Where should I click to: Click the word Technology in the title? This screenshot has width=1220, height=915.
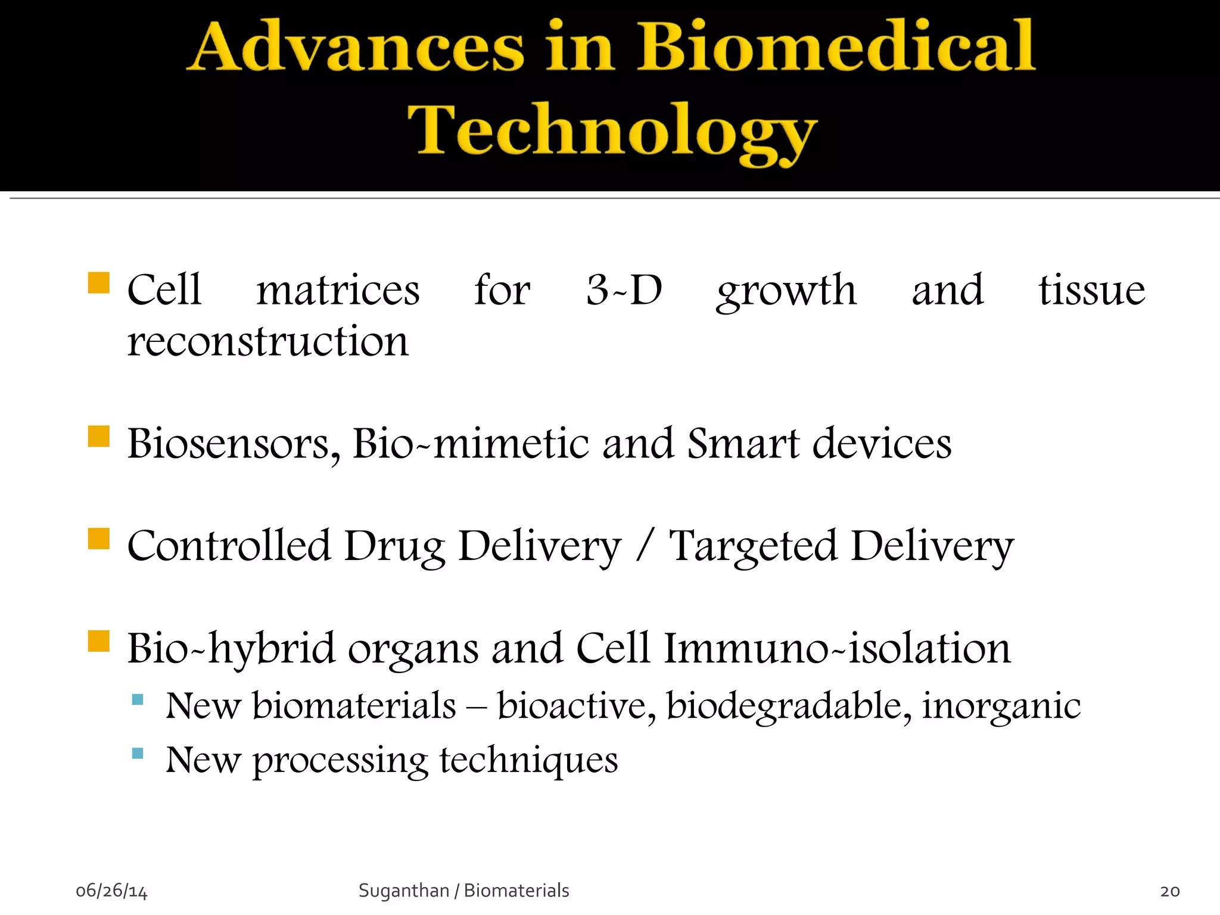[611, 131]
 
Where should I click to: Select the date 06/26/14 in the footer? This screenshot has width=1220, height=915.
[111, 891]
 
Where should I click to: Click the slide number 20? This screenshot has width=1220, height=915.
[1170, 891]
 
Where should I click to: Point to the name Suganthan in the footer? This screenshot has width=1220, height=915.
[403, 891]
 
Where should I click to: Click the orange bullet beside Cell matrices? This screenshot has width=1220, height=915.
[99, 283]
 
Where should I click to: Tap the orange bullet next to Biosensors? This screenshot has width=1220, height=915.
[99, 436]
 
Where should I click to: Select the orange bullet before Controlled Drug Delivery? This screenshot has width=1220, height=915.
[99, 539]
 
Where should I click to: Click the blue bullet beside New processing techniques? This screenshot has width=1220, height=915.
[138, 753]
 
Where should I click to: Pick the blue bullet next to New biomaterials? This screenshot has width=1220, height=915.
[138, 699]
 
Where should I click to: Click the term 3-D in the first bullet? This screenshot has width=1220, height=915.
[624, 290]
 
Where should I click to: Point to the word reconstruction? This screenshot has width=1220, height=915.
[268, 342]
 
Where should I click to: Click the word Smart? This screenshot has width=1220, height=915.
[743, 444]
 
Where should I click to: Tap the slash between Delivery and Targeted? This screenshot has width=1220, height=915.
[644, 546]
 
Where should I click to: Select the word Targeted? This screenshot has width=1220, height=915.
[753, 546]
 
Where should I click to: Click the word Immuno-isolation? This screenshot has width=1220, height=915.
[837, 648]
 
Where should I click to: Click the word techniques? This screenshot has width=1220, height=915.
[528, 761]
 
